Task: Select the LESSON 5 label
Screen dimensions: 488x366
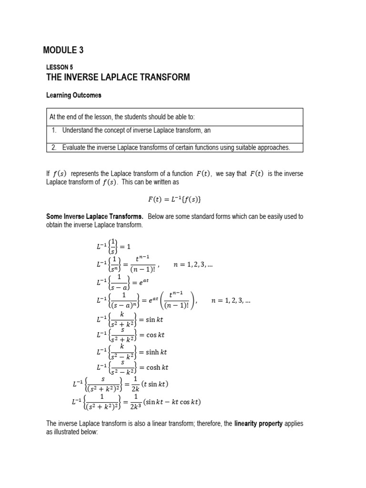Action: (59, 67)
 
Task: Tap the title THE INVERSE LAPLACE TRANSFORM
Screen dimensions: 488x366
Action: (118, 77)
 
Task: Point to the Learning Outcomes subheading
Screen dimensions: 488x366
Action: (73, 95)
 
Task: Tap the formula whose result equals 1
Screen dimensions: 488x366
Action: (111, 246)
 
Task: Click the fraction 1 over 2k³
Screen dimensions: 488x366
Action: (133, 402)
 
